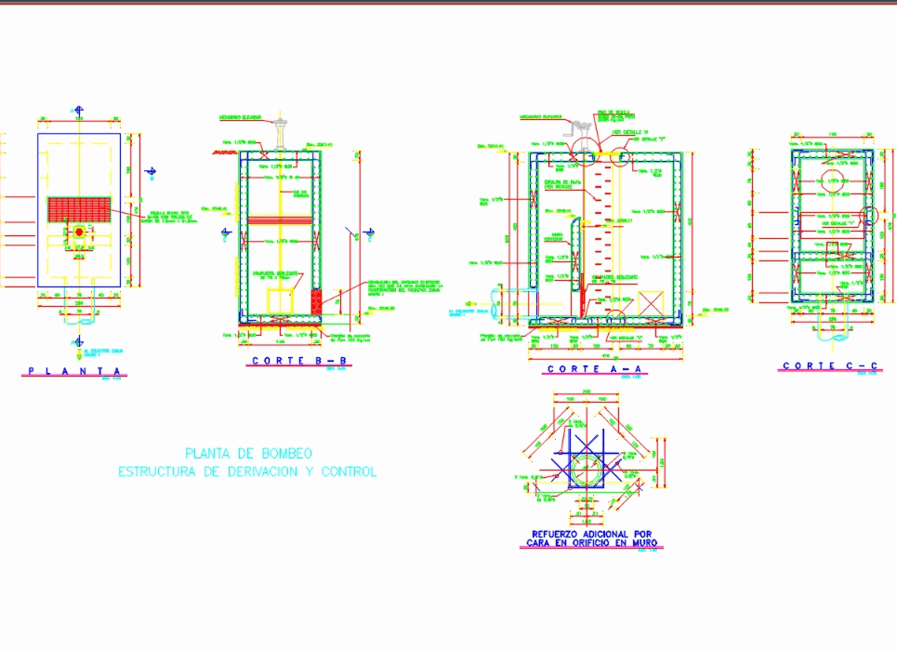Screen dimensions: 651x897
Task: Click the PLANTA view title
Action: click(x=74, y=371)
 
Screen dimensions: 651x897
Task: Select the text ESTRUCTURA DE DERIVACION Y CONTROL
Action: click(x=247, y=472)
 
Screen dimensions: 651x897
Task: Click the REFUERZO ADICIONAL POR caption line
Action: click(x=591, y=534)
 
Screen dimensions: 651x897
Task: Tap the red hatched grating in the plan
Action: click(x=79, y=208)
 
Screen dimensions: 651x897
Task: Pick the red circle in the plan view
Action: click(x=79, y=231)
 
